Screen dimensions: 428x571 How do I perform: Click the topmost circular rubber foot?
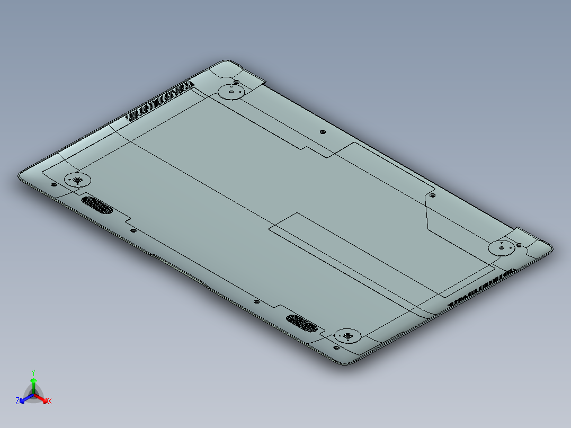click(231, 92)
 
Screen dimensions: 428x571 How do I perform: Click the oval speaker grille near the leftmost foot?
click(97, 205)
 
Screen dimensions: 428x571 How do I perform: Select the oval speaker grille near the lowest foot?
click(302, 322)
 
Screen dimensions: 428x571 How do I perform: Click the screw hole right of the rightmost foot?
click(519, 245)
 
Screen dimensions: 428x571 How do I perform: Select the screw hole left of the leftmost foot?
click(53, 184)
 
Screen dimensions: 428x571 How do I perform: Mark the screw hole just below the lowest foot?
click(336, 347)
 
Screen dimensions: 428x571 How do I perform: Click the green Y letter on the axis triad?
click(33, 372)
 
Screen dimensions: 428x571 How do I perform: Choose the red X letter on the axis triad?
click(49, 402)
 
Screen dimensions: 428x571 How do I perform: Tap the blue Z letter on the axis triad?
click(17, 402)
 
